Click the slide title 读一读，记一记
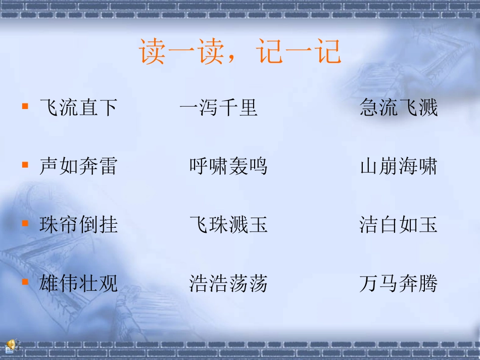(x=241, y=52)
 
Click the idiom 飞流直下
(x=78, y=108)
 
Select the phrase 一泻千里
(x=218, y=108)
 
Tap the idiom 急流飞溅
(x=399, y=108)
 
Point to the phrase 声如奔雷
(x=78, y=166)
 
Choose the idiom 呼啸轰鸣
(x=228, y=166)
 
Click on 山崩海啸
(x=399, y=166)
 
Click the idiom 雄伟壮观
(x=78, y=283)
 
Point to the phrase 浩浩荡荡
(x=228, y=283)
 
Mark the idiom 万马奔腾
(x=399, y=283)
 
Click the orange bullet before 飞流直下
(x=25, y=107)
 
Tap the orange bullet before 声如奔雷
(x=25, y=165)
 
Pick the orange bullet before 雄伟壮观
(x=25, y=282)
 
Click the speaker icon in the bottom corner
(x=10, y=346)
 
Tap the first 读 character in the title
(x=153, y=52)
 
